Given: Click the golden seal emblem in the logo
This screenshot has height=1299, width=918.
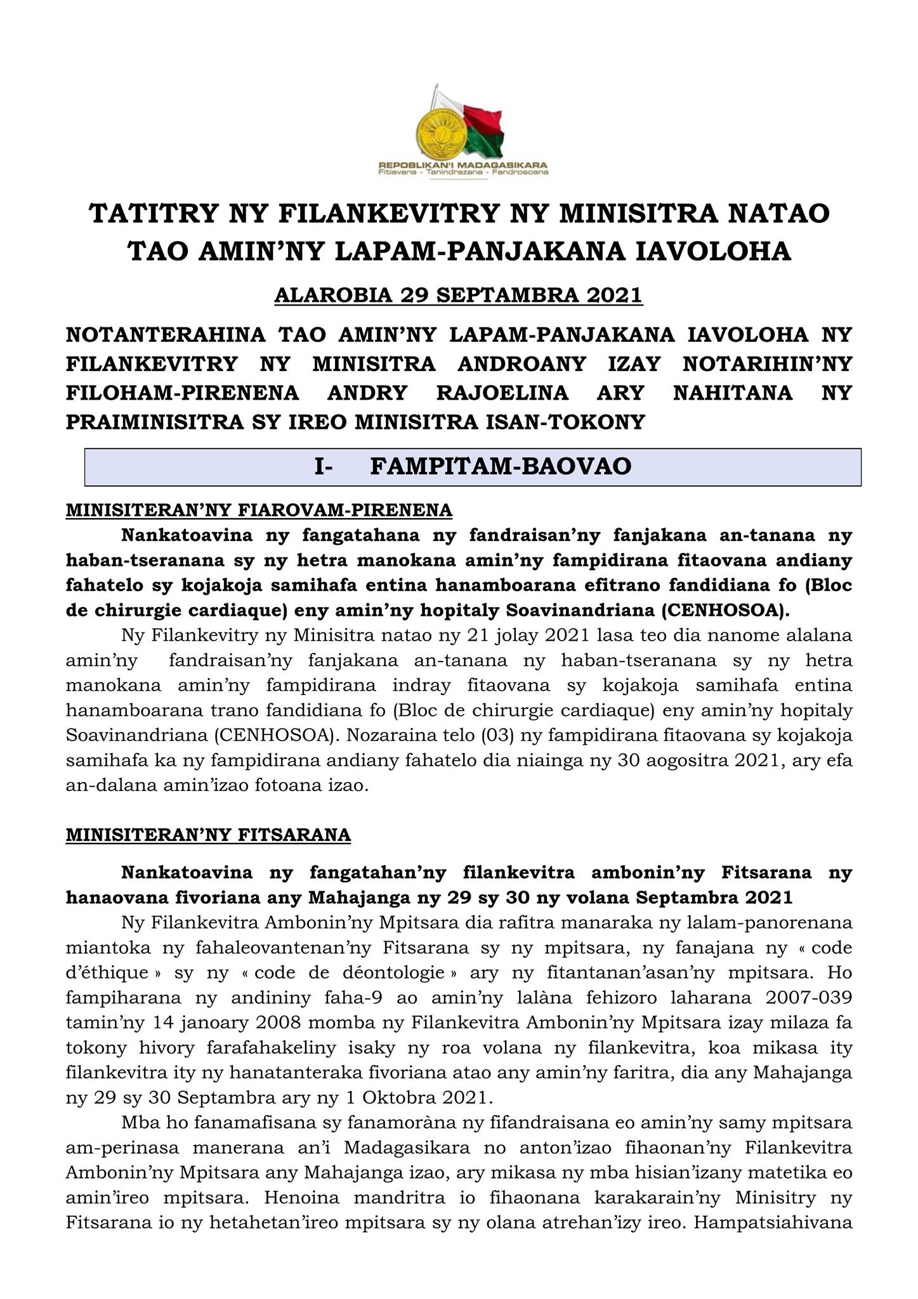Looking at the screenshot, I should tap(439, 131).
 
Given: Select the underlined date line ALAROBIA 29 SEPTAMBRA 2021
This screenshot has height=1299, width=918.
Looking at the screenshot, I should tap(459, 296).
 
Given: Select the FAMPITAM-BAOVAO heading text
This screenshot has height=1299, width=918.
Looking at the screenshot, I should tap(501, 466).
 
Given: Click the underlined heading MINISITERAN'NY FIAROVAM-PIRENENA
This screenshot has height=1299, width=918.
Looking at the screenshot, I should tap(259, 510).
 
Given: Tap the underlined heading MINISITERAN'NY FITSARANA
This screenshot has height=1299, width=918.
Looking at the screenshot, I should tap(208, 835).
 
